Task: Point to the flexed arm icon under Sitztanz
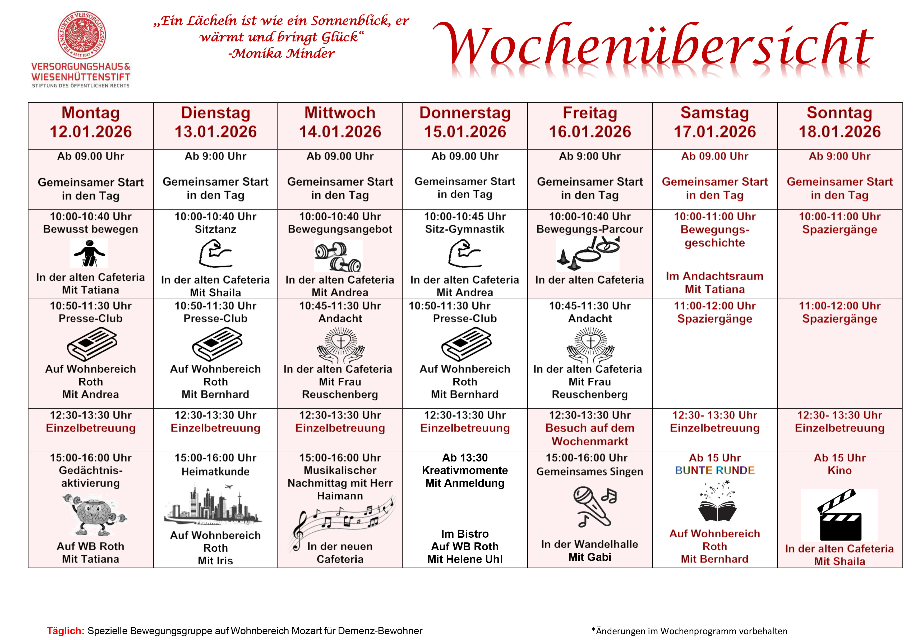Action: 215,253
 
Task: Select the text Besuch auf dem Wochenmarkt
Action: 590,435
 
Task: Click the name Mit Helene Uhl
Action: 465,559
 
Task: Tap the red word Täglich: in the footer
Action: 66,631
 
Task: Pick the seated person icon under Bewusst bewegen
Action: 89,253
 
